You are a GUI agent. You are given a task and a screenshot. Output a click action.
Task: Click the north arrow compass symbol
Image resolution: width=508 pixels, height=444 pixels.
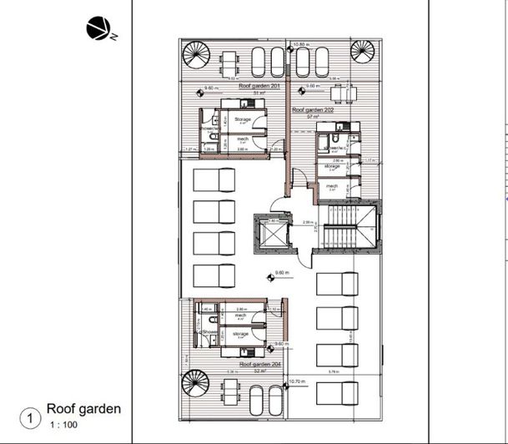97,29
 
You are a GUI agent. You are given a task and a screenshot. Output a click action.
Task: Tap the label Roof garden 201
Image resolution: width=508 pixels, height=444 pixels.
258,86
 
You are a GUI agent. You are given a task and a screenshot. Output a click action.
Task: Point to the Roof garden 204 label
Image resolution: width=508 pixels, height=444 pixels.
259,365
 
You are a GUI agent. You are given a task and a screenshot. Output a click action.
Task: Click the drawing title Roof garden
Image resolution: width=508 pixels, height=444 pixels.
83,409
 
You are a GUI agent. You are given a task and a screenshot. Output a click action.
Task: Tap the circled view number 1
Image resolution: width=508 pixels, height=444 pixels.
31,416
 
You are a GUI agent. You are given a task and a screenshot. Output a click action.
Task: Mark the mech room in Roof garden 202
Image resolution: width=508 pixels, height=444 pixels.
332,187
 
